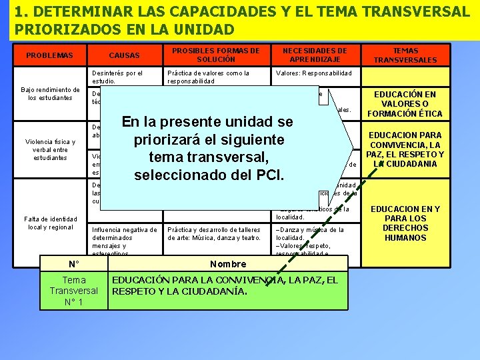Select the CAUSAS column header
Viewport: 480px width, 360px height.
point(124,55)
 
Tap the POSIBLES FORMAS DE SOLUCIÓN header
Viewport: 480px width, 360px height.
point(216,55)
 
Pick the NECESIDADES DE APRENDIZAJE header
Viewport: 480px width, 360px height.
point(315,55)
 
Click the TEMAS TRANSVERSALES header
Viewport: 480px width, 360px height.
point(405,55)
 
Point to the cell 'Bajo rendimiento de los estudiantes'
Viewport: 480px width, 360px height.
point(51,93)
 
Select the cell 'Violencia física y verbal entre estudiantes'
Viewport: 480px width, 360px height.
point(51,149)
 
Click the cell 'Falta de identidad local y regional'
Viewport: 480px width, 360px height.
point(51,223)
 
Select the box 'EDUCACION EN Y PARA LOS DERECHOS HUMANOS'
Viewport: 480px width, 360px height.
point(406,223)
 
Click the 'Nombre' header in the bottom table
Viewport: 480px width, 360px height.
point(228,263)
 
